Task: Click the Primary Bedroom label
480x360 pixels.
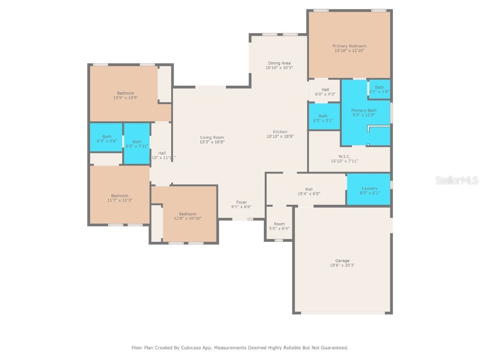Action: pyautogui.click(x=349, y=46)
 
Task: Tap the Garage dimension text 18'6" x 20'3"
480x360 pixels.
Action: pyautogui.click(x=342, y=265)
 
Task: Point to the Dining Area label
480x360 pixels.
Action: pyautogui.click(x=279, y=63)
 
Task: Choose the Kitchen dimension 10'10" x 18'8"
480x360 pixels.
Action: pyautogui.click(x=280, y=136)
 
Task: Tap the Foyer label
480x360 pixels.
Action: pyautogui.click(x=241, y=202)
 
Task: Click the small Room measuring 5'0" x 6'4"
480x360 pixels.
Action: pyautogui.click(x=279, y=226)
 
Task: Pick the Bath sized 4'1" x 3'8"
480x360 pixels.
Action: pyautogui.click(x=379, y=89)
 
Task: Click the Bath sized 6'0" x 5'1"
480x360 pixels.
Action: pyautogui.click(x=323, y=118)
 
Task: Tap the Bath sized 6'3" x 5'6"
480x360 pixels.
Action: pyautogui.click(x=107, y=138)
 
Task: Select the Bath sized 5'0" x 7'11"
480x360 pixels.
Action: pyautogui.click(x=137, y=143)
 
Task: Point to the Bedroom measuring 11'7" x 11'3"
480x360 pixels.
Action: pyautogui.click(x=120, y=198)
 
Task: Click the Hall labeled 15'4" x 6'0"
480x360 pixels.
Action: pyautogui.click(x=308, y=191)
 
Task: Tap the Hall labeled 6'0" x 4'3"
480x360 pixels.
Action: pyautogui.click(x=325, y=91)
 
